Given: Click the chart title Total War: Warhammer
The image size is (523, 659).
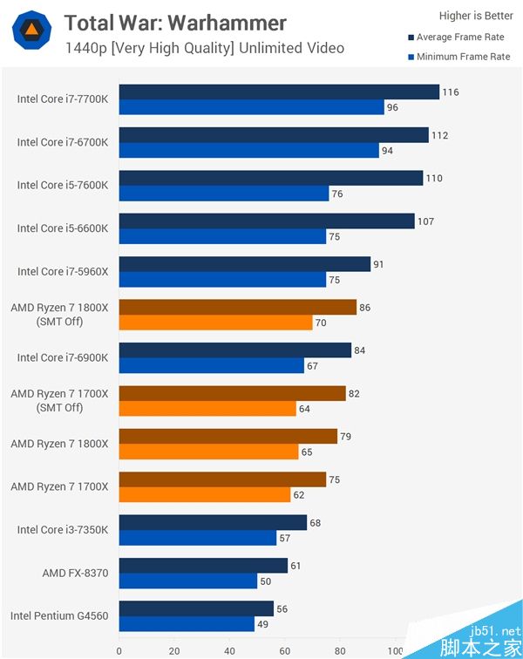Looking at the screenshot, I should pos(175,22).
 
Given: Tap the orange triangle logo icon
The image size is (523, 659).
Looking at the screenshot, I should pos(31,31).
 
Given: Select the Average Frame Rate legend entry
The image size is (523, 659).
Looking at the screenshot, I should pos(458,37).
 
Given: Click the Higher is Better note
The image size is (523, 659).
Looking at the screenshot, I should pos(475,15).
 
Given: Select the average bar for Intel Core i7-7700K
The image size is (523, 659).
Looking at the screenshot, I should pos(279,92).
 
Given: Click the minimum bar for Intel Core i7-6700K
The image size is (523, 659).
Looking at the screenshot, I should pos(249,150).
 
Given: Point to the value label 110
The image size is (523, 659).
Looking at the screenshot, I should pos(434,179).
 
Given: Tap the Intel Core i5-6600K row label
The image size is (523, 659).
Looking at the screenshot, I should pos(63,228).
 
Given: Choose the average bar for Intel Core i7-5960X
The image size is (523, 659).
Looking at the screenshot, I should pos(245,264).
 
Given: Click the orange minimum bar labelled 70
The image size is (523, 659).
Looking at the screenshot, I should pos(216,323).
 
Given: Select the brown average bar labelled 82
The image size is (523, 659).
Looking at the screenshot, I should pos(233,394).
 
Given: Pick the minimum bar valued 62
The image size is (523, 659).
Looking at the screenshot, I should pos(205,495).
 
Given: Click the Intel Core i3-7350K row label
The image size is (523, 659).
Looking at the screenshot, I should pos(63,530).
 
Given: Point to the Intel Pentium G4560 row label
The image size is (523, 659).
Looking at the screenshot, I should pos(59,616).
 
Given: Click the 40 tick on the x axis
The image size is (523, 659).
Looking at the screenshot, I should pos(229,650).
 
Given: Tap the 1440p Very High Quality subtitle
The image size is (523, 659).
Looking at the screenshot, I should pos(204,48).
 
